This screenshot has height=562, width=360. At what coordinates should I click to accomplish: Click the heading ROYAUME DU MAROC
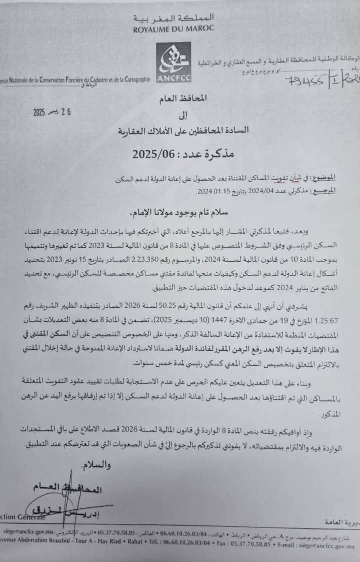(x=173, y=29)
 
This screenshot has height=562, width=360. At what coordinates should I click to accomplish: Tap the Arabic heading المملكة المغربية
(x=173, y=19)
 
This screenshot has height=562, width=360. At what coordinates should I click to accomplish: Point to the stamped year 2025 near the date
(x=39, y=113)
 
